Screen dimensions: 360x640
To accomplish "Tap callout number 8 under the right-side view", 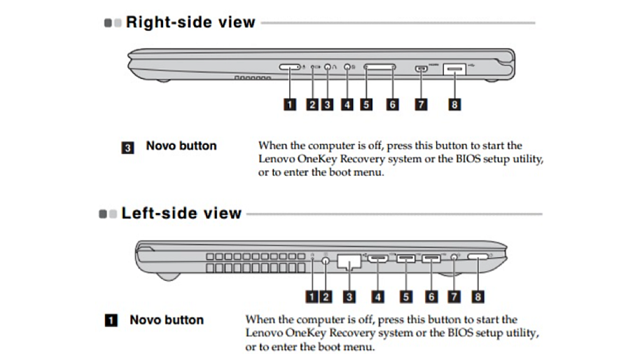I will pyautogui.click(x=455, y=104).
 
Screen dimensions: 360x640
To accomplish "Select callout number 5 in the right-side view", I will pyautogui.click(x=366, y=104).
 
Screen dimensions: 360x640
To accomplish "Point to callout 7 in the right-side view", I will pyautogui.click(x=420, y=104).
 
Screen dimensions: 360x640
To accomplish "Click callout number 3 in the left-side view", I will pyautogui.click(x=348, y=297).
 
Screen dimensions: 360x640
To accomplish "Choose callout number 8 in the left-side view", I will pyautogui.click(x=478, y=297).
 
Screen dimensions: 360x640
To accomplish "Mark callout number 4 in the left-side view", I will pyautogui.click(x=378, y=297).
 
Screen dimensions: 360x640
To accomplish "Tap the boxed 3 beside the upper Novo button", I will pyautogui.click(x=128, y=148).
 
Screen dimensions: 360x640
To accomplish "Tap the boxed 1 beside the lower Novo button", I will pyautogui.click(x=111, y=321).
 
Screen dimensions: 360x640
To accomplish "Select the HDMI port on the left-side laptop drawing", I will pyautogui.click(x=379, y=260).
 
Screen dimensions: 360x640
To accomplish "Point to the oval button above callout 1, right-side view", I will pyautogui.click(x=288, y=67).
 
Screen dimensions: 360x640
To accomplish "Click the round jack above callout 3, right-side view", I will pyautogui.click(x=328, y=68).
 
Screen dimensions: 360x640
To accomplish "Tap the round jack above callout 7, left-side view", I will pyautogui.click(x=456, y=258).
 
